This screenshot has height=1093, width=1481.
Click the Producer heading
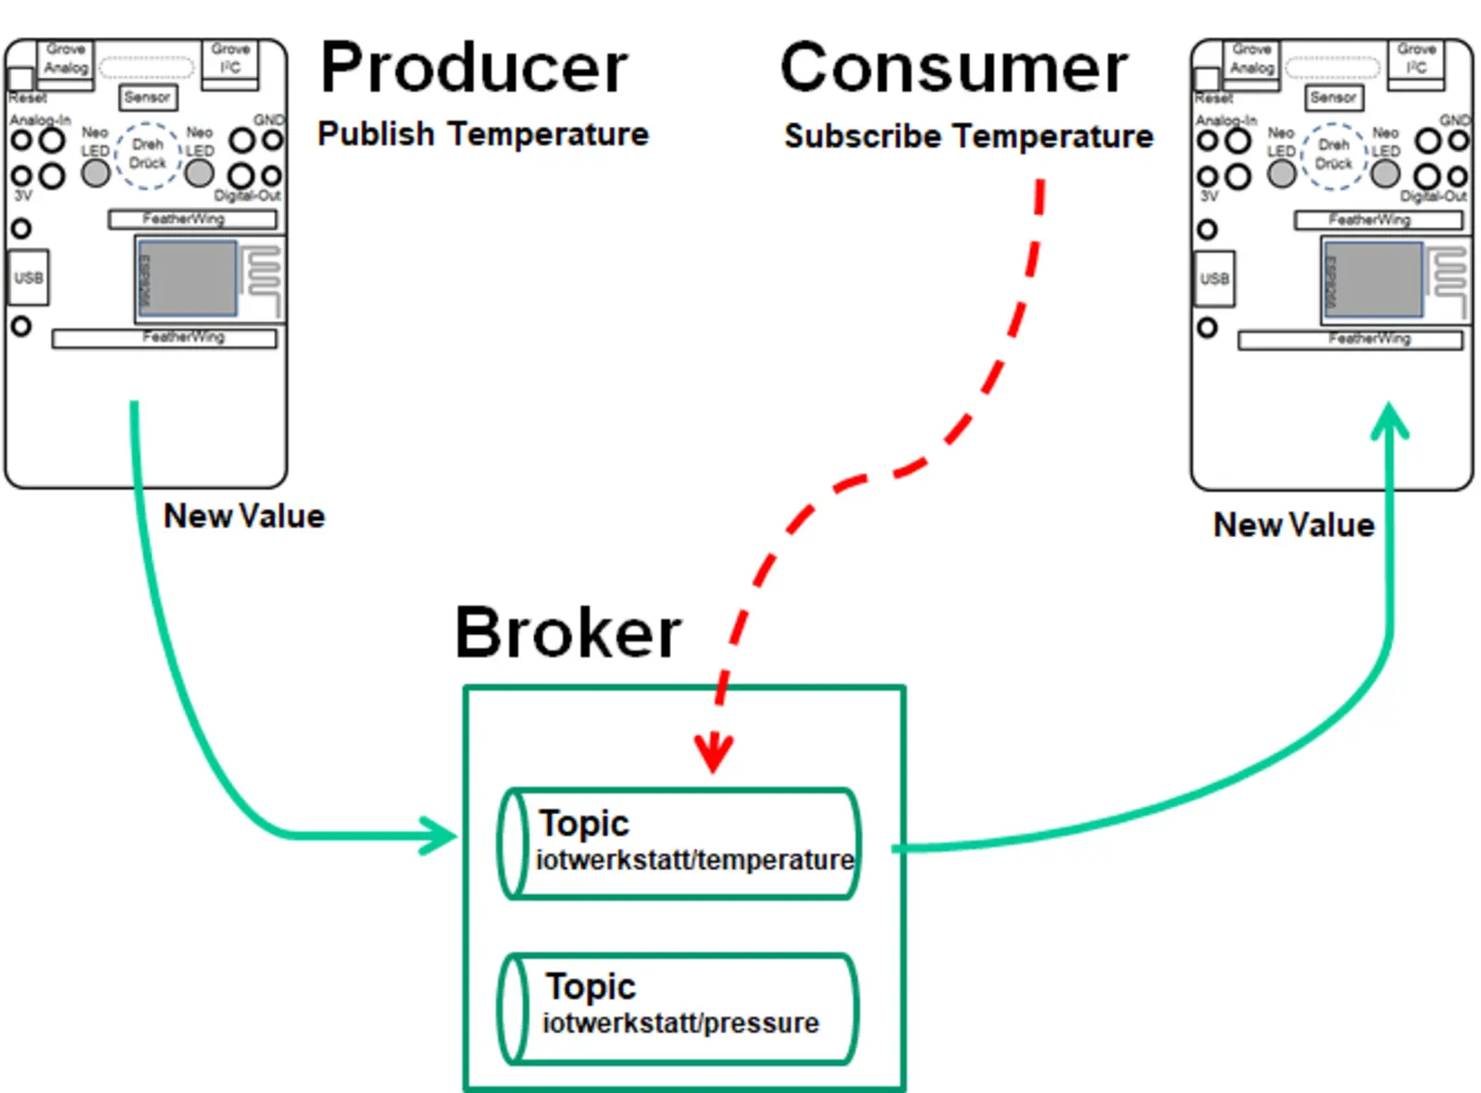click(473, 68)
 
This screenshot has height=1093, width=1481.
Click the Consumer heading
click(953, 68)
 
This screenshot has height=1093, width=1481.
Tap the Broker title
click(567, 633)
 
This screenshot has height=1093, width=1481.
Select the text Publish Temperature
click(482, 134)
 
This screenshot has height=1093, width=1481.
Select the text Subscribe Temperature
click(968, 136)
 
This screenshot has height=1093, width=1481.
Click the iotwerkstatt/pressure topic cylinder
click(678, 1008)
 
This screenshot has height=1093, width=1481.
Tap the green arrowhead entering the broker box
click(442, 836)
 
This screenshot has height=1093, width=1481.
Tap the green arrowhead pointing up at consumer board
click(1388, 421)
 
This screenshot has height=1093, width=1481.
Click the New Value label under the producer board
click(243, 516)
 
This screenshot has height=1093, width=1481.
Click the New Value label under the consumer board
click(1293, 525)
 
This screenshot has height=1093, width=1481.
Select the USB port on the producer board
click(28, 278)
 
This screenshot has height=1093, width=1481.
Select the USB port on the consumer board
click(1213, 279)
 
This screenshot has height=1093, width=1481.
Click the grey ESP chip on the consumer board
click(1373, 279)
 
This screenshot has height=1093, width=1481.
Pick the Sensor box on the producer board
click(147, 97)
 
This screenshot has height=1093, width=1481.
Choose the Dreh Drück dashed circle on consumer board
click(1333, 155)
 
